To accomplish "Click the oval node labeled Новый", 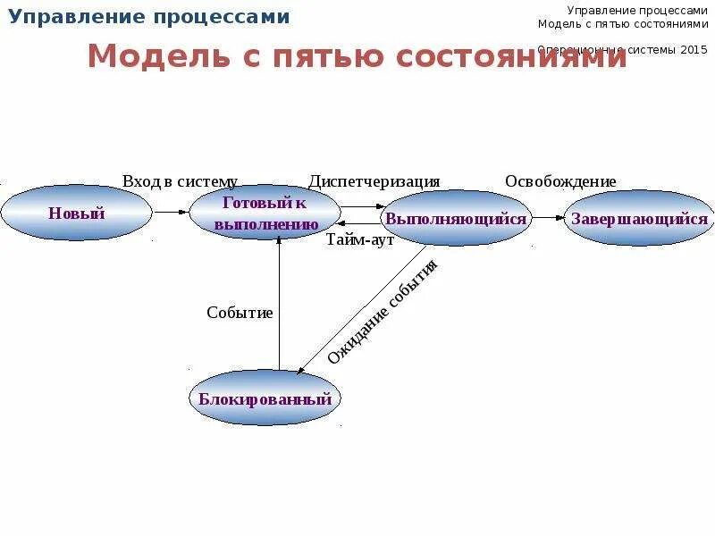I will click(76, 213).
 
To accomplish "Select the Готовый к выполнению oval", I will click(265, 214).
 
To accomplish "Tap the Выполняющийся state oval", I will click(456, 218).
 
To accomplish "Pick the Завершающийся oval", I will click(639, 218).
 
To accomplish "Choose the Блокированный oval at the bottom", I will click(265, 398).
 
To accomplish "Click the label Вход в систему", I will click(180, 181).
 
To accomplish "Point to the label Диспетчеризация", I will click(374, 181).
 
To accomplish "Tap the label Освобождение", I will click(560, 181).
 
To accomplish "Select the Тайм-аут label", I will click(360, 239).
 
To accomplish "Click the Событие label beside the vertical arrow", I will click(240, 313).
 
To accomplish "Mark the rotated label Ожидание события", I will click(383, 312).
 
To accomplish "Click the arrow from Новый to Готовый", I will click(170, 213).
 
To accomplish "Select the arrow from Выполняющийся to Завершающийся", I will click(548, 218).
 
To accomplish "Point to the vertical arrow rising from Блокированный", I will click(279, 304).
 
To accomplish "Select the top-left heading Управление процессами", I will click(149, 17).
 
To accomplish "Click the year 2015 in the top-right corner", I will click(693, 50).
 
